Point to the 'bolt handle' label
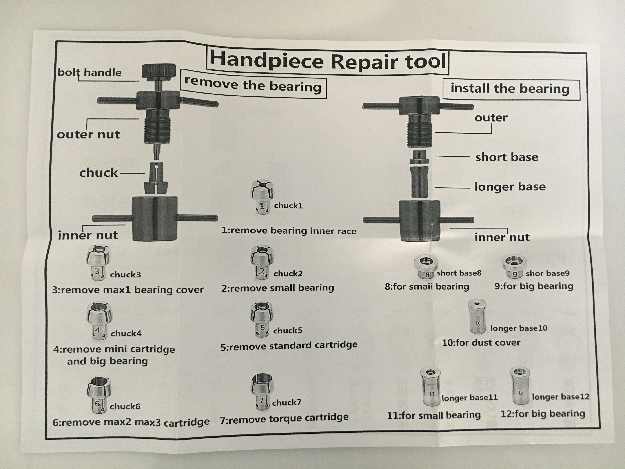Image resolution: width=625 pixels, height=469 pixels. tap(90, 72)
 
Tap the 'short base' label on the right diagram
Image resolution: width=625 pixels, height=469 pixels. tap(507, 157)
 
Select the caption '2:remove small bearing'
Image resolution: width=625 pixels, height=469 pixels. tap(277, 288)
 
